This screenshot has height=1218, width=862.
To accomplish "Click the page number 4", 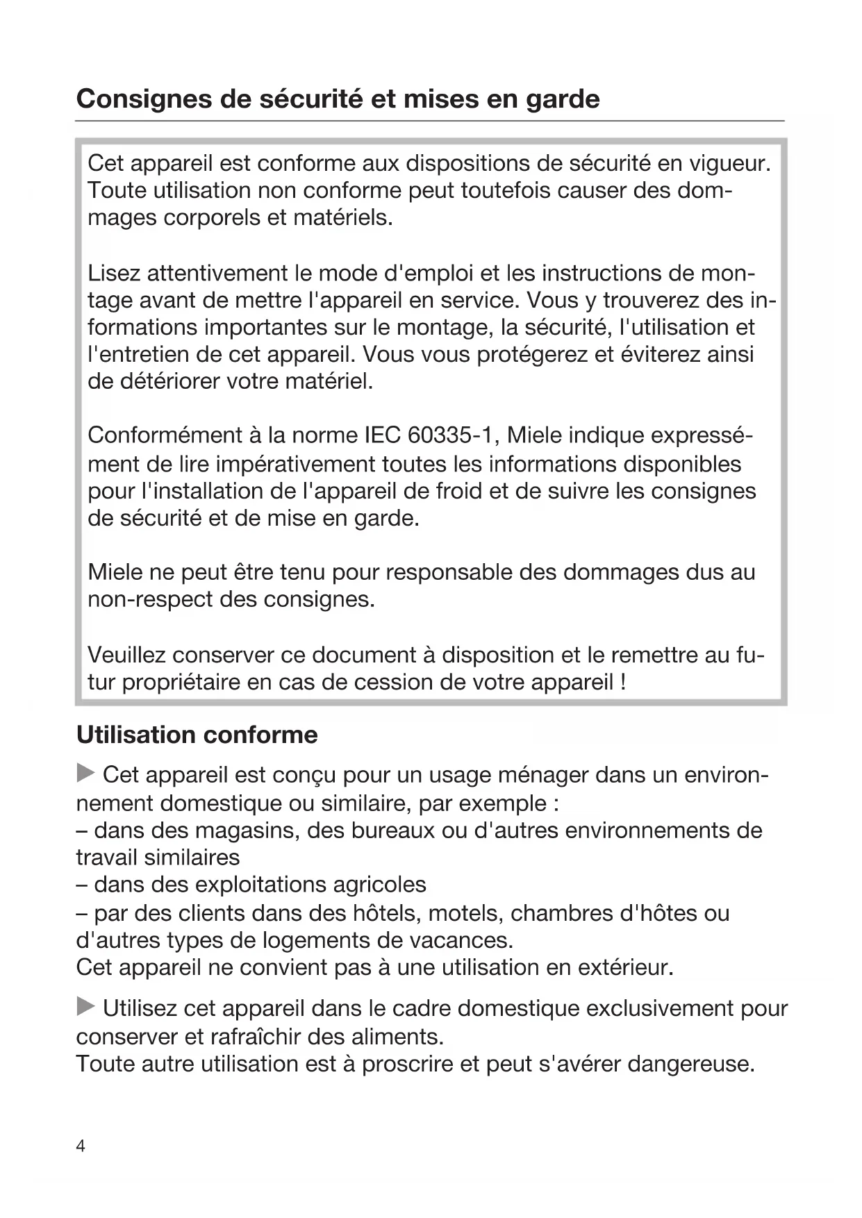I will coord(81,1146).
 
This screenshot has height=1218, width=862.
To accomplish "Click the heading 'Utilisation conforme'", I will coord(197,735).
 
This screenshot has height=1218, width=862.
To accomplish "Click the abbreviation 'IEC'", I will coord(382,435).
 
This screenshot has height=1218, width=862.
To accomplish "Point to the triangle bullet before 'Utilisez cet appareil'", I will coord(85,1006).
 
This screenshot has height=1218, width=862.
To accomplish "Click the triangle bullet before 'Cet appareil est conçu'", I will coord(85,773).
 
